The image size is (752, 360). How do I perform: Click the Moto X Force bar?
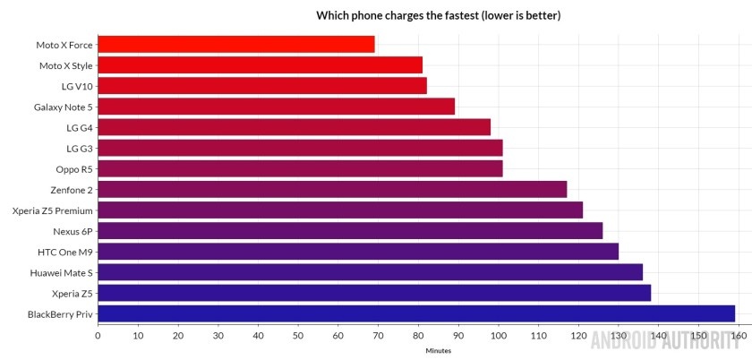235,44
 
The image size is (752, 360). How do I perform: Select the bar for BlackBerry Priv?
415,313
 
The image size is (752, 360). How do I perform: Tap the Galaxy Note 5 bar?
276,107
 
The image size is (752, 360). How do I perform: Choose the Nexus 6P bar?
350,231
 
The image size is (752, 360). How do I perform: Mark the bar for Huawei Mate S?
370,271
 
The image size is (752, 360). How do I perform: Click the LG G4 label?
78,127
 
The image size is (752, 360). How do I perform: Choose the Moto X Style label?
65,65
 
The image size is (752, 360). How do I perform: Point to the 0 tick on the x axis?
98,336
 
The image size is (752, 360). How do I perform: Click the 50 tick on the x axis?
298,336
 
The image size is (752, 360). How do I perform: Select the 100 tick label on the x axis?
498,336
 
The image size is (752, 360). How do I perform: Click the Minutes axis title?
439,350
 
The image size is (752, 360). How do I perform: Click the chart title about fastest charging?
439,15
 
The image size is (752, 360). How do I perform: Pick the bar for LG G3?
300,148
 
